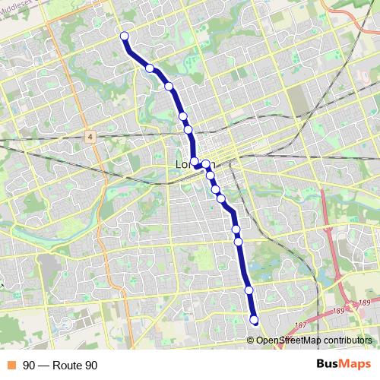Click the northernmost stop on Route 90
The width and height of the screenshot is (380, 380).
click(x=124, y=36)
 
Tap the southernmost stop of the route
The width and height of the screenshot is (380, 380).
click(x=254, y=320)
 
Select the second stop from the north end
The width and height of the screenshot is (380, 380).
click(x=150, y=68)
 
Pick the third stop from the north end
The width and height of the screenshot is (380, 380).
click(x=169, y=86)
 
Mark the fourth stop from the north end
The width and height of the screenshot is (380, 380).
click(x=183, y=116)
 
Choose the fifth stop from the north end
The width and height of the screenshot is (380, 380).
click(x=188, y=130)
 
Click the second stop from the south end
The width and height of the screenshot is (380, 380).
click(x=249, y=290)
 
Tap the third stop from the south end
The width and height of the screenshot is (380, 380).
click(x=239, y=242)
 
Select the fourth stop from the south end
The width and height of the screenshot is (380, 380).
click(x=236, y=229)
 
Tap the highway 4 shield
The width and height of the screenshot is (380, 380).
click(x=90, y=136)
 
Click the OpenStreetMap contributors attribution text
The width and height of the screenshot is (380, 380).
click(x=314, y=340)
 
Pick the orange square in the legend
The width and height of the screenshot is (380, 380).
click(x=11, y=366)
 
